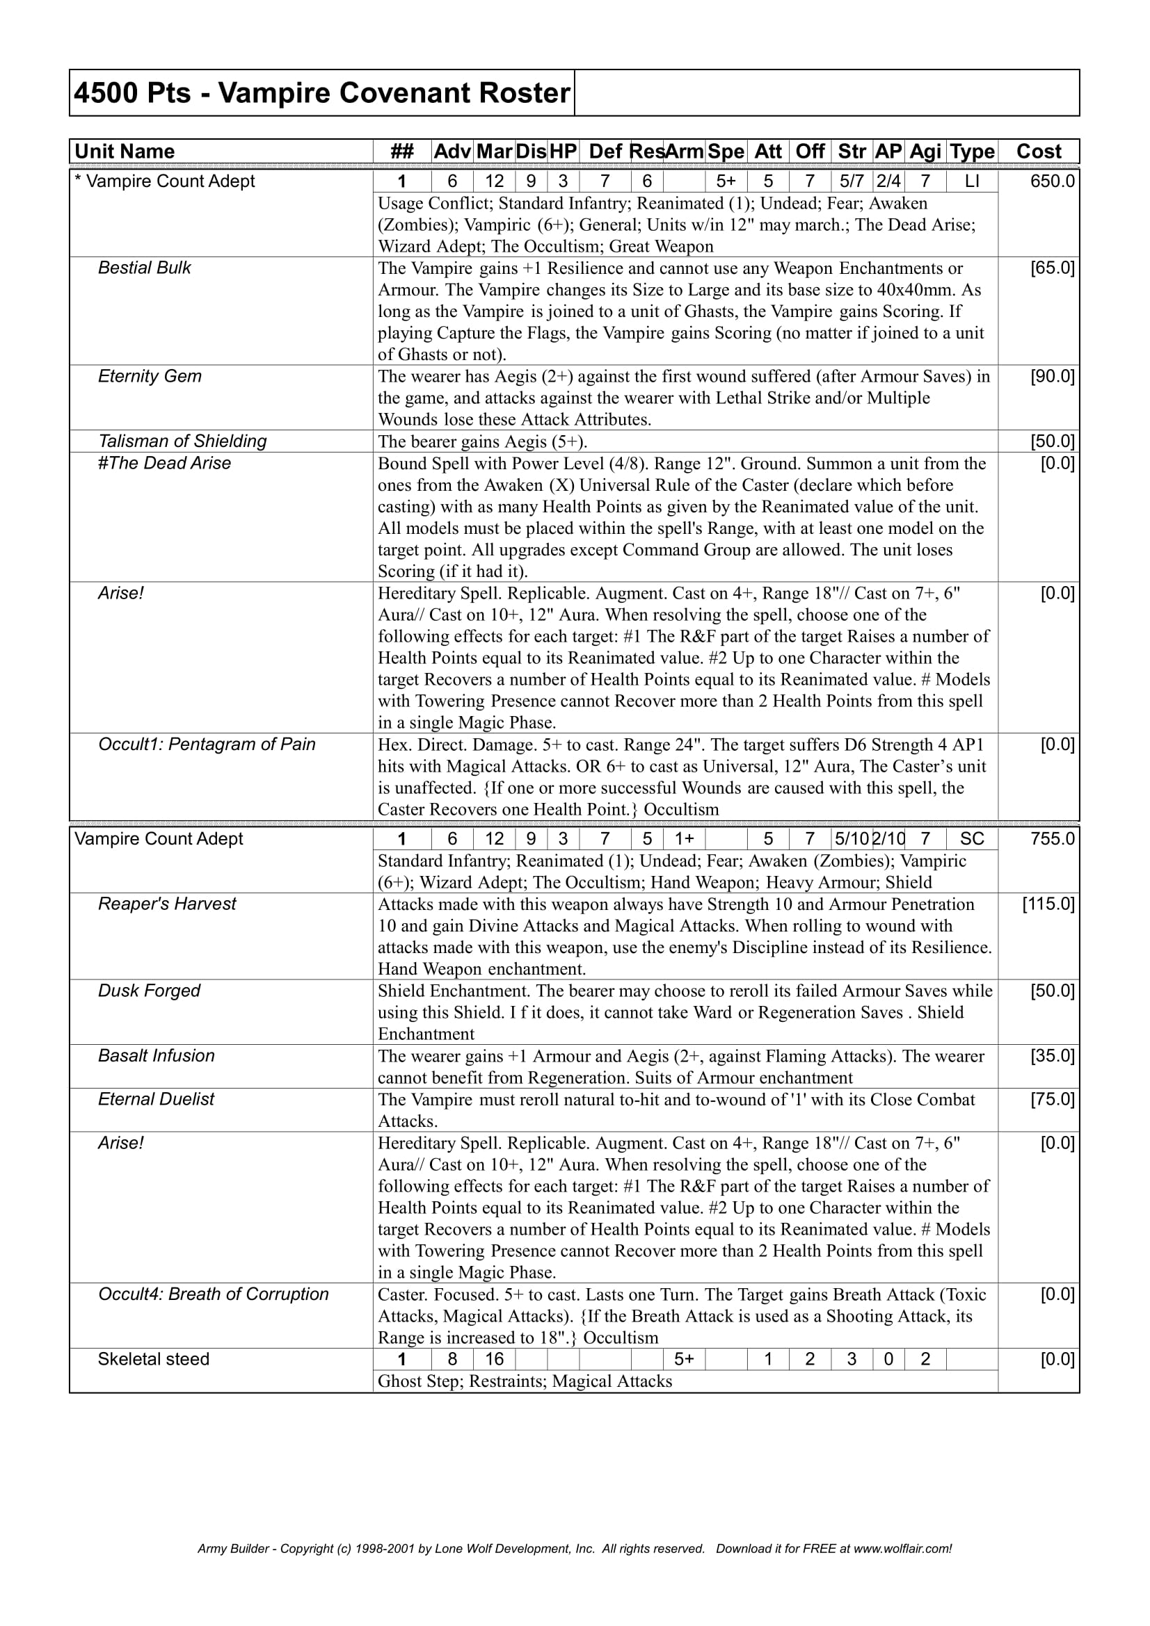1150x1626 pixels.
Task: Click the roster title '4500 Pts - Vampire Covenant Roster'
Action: (x=321, y=93)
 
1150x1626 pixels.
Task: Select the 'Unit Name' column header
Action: (x=125, y=152)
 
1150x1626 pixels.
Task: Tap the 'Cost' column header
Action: (x=1038, y=152)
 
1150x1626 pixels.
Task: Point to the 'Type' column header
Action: (x=972, y=152)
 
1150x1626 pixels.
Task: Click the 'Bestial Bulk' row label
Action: (x=145, y=268)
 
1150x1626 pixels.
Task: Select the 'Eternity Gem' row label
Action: (x=150, y=376)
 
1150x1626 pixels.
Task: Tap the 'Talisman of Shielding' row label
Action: (x=182, y=441)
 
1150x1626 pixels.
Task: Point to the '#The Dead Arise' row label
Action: (x=164, y=463)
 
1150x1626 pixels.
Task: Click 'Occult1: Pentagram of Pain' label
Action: (x=206, y=745)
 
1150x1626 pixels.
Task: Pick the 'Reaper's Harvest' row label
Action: (x=167, y=904)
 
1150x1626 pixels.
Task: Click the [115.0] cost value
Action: (x=1048, y=904)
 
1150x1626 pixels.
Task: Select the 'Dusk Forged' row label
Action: (x=149, y=991)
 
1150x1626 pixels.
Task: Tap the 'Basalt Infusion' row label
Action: (x=156, y=1056)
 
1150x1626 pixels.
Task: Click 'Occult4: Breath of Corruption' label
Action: (x=214, y=1294)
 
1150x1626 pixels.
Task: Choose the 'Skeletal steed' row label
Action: (x=154, y=1359)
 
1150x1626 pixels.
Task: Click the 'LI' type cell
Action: (x=972, y=181)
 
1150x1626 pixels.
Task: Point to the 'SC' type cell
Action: (x=972, y=839)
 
